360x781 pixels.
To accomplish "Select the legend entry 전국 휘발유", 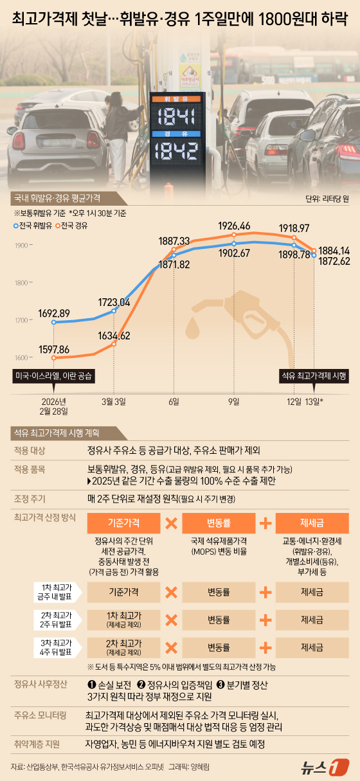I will point(35,226).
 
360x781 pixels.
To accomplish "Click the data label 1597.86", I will point(53,348).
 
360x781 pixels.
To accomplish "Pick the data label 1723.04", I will point(114,301).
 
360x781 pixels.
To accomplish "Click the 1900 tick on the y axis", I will point(21,246).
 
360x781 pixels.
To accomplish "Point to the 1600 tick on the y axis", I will point(21,358).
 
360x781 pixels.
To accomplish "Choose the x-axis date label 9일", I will point(233,401).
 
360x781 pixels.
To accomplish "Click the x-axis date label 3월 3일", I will point(114,401).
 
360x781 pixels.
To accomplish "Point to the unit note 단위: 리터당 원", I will point(327,199).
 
